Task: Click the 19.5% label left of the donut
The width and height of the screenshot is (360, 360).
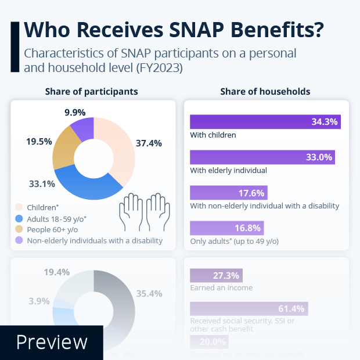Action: coord(38,141)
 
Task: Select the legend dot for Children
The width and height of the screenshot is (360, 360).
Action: coord(19,207)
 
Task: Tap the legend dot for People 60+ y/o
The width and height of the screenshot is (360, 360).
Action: coord(19,229)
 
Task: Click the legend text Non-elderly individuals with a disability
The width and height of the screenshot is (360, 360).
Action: coord(95,240)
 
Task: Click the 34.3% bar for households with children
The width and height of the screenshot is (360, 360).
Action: coord(265,122)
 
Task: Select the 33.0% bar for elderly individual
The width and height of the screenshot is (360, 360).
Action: coord(262,157)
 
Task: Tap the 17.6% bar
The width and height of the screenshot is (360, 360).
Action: coord(229,193)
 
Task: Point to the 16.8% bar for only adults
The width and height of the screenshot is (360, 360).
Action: coord(227,228)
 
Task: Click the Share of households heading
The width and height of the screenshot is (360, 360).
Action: coord(265,92)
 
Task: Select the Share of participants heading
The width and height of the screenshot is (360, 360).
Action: coord(91,92)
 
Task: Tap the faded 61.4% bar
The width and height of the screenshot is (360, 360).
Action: coord(249,308)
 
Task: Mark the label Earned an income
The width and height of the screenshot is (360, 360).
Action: coord(221,287)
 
